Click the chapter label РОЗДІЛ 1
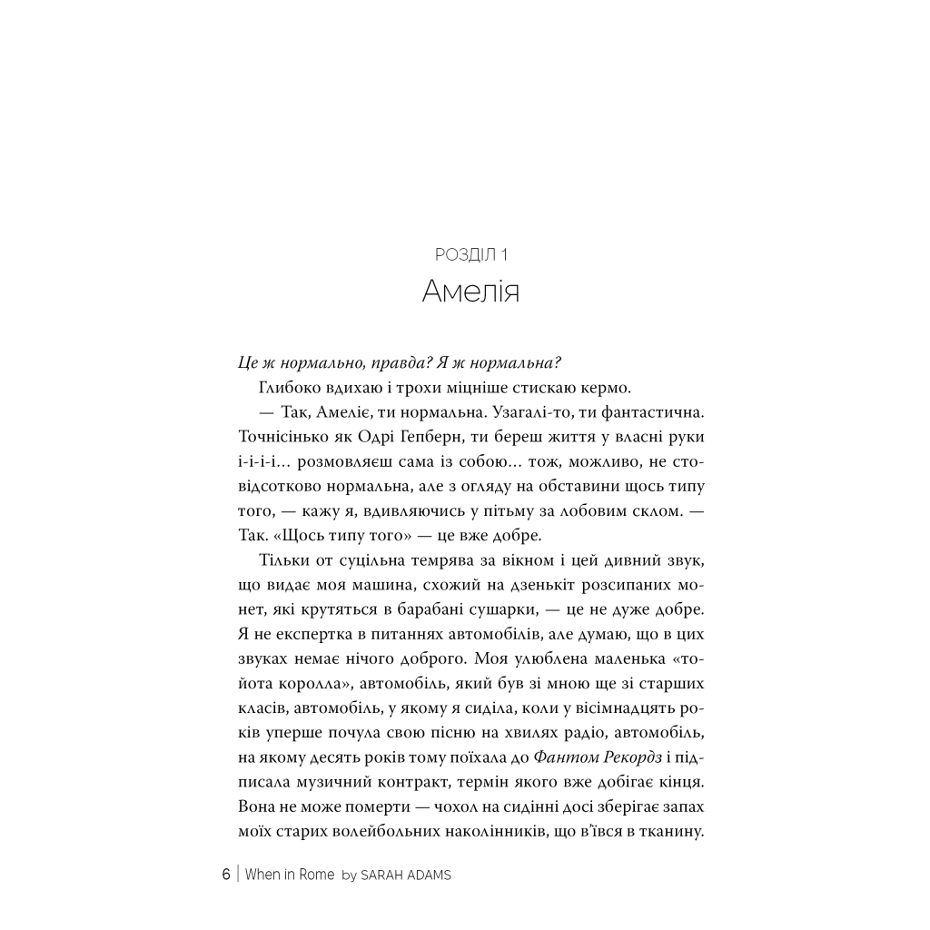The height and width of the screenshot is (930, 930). coord(470,255)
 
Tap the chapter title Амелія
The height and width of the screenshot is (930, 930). coord(470,292)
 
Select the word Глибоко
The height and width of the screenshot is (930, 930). coord(290,388)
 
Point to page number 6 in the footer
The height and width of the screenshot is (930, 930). coord(226,876)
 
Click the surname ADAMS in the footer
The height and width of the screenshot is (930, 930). coord(426,876)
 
